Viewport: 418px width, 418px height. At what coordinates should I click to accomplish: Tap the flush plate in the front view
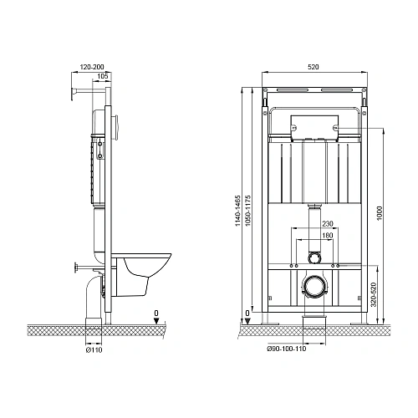coord(313,127)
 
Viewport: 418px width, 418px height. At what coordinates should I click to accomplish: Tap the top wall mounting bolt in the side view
coord(74,92)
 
